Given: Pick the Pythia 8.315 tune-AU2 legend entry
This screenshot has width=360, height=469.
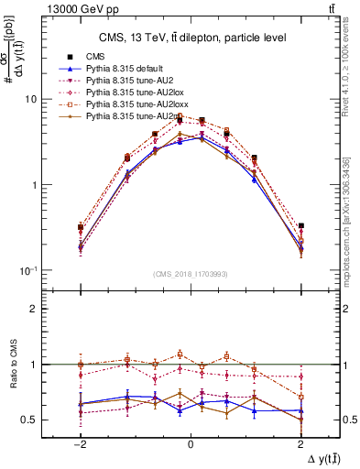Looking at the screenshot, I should (124, 82).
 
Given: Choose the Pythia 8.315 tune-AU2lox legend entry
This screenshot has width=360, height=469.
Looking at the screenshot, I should (126, 93).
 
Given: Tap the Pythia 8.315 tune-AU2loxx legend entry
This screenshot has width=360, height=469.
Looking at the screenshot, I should (129, 105).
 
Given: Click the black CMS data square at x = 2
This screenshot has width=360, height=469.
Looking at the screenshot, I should (300, 225).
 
